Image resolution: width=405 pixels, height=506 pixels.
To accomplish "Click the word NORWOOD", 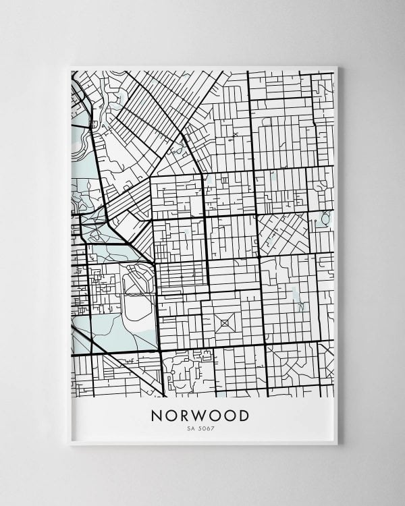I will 200,416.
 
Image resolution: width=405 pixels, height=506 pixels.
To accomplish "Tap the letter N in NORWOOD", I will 157,416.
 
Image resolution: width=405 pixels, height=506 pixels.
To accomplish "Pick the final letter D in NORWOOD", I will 244,416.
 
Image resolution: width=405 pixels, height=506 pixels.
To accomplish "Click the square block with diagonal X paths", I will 225,323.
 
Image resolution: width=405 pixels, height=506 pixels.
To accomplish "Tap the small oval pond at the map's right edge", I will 326,219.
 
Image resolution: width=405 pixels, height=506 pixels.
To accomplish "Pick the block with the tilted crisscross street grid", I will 283,233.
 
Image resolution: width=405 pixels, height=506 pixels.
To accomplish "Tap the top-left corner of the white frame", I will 70,67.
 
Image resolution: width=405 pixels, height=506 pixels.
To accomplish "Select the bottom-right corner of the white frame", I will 336,443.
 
